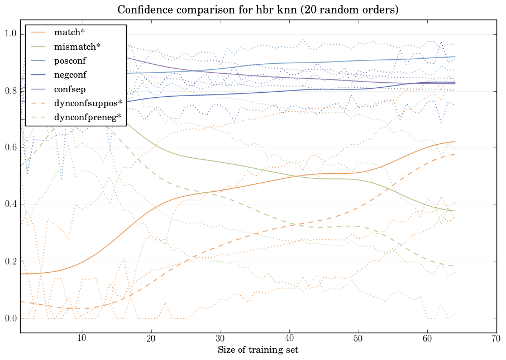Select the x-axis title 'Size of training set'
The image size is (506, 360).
[x=257, y=350]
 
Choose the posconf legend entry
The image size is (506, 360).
[x=70, y=59]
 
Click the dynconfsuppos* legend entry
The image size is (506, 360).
[x=88, y=102]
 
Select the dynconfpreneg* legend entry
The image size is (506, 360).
[x=88, y=117]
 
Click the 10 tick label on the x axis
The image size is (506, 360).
[x=82, y=338]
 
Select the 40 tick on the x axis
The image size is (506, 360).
[x=289, y=338]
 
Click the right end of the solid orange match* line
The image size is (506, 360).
[x=455, y=141]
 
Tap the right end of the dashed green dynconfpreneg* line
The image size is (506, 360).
[x=455, y=266]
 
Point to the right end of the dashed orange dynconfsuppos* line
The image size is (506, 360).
[x=455, y=154]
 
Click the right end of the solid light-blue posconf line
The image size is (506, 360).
[x=455, y=56]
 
